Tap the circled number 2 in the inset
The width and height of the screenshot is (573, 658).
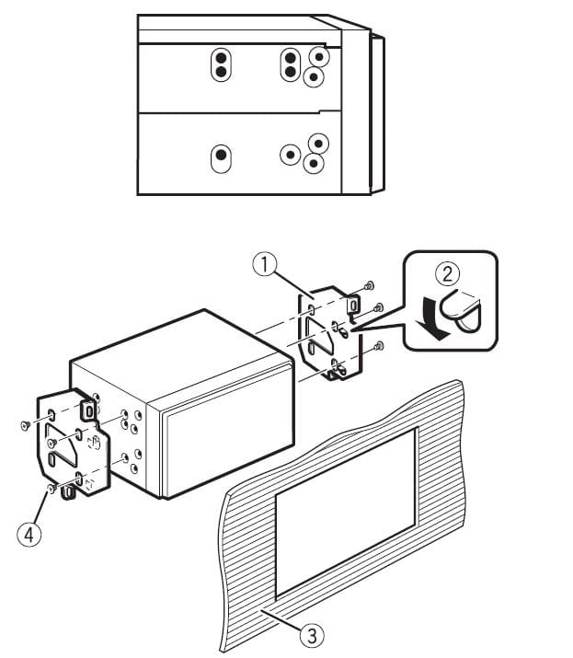448,273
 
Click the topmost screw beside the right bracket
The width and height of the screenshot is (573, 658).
368,285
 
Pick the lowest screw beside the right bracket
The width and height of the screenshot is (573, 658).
380,346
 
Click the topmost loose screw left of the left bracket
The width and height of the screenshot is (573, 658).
23,424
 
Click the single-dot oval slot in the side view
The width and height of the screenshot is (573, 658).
221,158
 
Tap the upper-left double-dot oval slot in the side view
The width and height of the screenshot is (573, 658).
221,64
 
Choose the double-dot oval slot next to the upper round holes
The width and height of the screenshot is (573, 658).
290,64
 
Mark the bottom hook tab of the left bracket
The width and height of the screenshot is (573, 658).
68,496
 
